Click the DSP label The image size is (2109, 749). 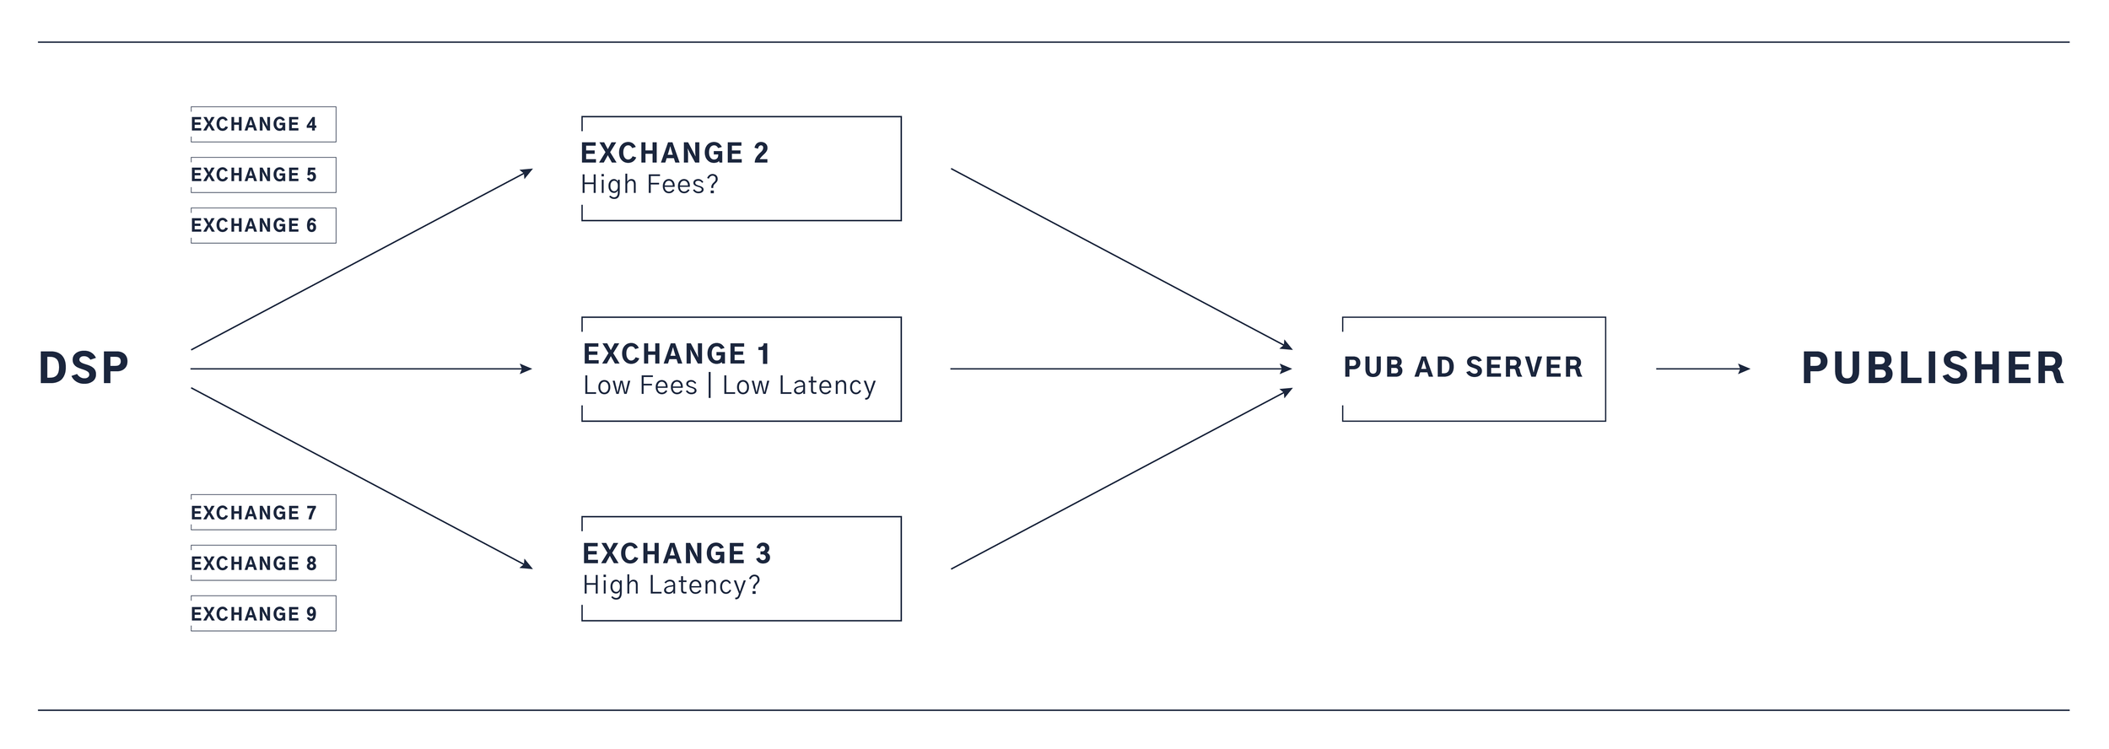click(x=84, y=369)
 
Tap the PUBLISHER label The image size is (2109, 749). click(x=1933, y=369)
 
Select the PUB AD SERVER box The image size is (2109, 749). click(x=1473, y=369)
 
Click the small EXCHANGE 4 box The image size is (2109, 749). click(x=262, y=125)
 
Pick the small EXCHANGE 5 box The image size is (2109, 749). click(x=262, y=175)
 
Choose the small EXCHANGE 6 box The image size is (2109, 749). click(x=262, y=226)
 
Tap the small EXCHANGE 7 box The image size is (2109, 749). click(x=262, y=513)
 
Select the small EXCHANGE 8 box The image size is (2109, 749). click(x=262, y=563)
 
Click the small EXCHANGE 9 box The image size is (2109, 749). click(x=262, y=614)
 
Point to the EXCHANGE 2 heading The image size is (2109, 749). click(x=675, y=154)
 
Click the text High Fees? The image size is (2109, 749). click(x=650, y=185)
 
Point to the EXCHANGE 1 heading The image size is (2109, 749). click(x=677, y=354)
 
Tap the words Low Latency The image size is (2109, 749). click(x=799, y=385)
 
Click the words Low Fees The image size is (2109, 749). click(x=640, y=385)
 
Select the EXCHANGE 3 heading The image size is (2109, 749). click(x=677, y=554)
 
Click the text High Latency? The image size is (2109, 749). click(x=672, y=585)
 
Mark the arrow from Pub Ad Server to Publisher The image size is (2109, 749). click(x=1702, y=369)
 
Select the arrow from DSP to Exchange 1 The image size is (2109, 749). click(x=361, y=369)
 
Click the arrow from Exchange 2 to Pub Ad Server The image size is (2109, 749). click(x=1121, y=258)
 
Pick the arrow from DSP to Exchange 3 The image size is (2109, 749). click(x=361, y=478)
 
